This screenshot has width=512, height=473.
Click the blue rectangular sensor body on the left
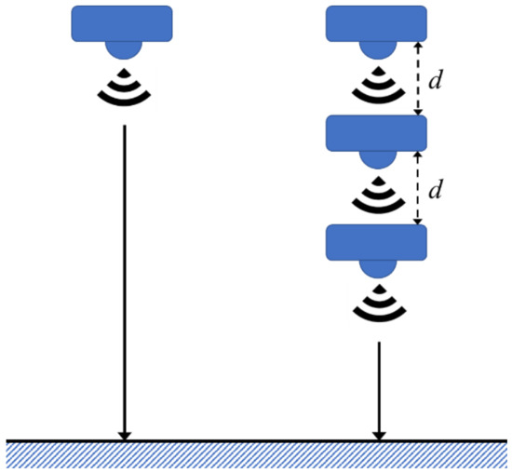click(x=122, y=23)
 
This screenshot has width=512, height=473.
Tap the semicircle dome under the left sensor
click(x=122, y=48)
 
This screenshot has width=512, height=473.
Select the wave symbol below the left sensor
click(x=122, y=86)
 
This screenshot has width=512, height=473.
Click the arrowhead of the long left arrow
click(x=123, y=434)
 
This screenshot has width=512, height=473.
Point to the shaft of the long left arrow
click(x=123, y=279)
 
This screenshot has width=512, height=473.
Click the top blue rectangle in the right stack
click(x=376, y=23)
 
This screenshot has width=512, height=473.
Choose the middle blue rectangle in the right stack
click(x=376, y=134)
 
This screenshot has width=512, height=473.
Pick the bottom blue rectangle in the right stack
click(x=376, y=242)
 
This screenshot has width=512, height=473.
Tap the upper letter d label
click(x=435, y=80)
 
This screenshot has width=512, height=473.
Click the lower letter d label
click(x=435, y=190)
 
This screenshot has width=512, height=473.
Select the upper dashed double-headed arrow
click(x=418, y=79)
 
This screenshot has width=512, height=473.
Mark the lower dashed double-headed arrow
click(x=418, y=189)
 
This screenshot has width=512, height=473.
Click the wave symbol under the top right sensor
click(x=376, y=87)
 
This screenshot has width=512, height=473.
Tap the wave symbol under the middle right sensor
click(x=376, y=196)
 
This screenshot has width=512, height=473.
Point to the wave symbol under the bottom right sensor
click(x=376, y=304)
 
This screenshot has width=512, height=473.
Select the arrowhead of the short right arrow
click(x=378, y=434)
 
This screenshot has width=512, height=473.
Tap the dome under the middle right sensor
click(x=376, y=158)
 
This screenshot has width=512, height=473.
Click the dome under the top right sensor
click(x=376, y=48)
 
